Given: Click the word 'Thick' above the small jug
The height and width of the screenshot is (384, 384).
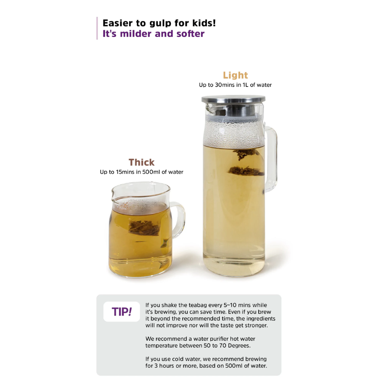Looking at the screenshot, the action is tap(142, 162).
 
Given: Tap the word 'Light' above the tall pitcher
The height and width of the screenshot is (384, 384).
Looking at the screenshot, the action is tap(235, 75).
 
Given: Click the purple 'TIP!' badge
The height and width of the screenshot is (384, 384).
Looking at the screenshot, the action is tap(122, 312).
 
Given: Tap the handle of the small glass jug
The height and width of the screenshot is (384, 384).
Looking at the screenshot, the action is tap(178, 220).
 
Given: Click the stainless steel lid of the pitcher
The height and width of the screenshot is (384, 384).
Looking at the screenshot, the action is tap(233, 99).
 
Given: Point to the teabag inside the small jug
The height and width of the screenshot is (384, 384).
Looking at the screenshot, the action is tap(144, 228).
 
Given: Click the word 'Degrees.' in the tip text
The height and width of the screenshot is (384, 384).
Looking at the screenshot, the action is tap(239, 346).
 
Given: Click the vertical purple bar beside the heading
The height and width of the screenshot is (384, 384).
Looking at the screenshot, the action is tap(97, 28).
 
